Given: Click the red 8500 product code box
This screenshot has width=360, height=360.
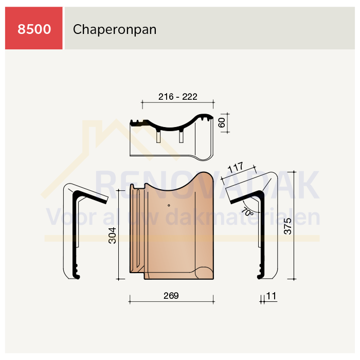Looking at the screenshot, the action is pyautogui.click(x=34, y=28).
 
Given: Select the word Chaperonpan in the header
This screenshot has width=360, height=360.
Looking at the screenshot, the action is pyautogui.click(x=115, y=30).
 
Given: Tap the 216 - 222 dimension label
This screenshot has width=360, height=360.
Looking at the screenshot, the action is pyautogui.click(x=178, y=97).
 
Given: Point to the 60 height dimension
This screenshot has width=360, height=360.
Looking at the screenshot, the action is pyautogui.click(x=222, y=122).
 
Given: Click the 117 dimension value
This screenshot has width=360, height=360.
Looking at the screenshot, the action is pyautogui.click(x=236, y=167).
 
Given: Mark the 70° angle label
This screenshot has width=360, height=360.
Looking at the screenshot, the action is pyautogui.click(x=247, y=212).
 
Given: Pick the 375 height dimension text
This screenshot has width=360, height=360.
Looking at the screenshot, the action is pyautogui.click(x=287, y=226).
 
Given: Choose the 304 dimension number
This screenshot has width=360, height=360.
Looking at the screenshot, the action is pyautogui.click(x=112, y=236).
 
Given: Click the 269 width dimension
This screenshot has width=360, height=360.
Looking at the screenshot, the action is pyautogui.click(x=171, y=296).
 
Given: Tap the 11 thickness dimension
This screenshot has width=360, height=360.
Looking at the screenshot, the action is pyautogui.click(x=271, y=296).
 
